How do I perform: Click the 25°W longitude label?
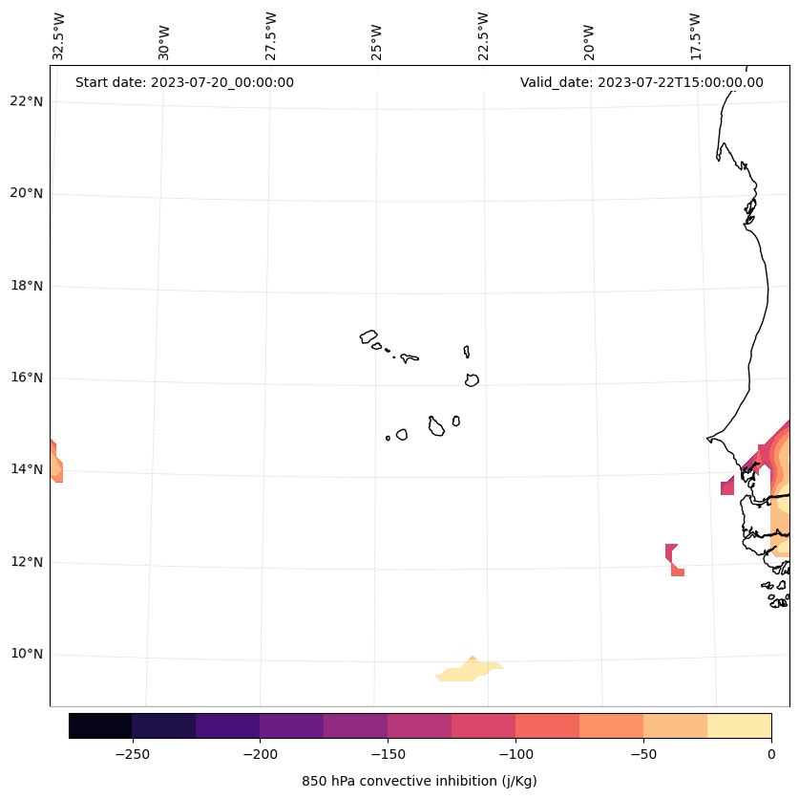pyautogui.click(x=377, y=42)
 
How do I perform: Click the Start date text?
pyautogui.click(x=184, y=82)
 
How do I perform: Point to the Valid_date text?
pyautogui.click(x=641, y=82)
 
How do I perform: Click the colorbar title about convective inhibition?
pyautogui.click(x=419, y=781)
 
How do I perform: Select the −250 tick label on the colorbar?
pyautogui.click(x=132, y=754)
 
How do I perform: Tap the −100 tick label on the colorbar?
pyautogui.click(x=515, y=754)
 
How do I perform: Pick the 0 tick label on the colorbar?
pyautogui.click(x=771, y=754)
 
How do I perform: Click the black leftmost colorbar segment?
pyautogui.click(x=100, y=725)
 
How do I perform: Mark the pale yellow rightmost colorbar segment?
pyautogui.click(x=739, y=725)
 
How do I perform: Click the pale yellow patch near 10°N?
pyautogui.click(x=468, y=671)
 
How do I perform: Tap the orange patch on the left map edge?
pyautogui.click(x=55, y=464)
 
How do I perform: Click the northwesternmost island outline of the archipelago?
pyautogui.click(x=368, y=336)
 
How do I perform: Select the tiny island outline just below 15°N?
pyautogui.click(x=388, y=438)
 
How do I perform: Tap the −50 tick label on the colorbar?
pyautogui.click(x=643, y=754)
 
